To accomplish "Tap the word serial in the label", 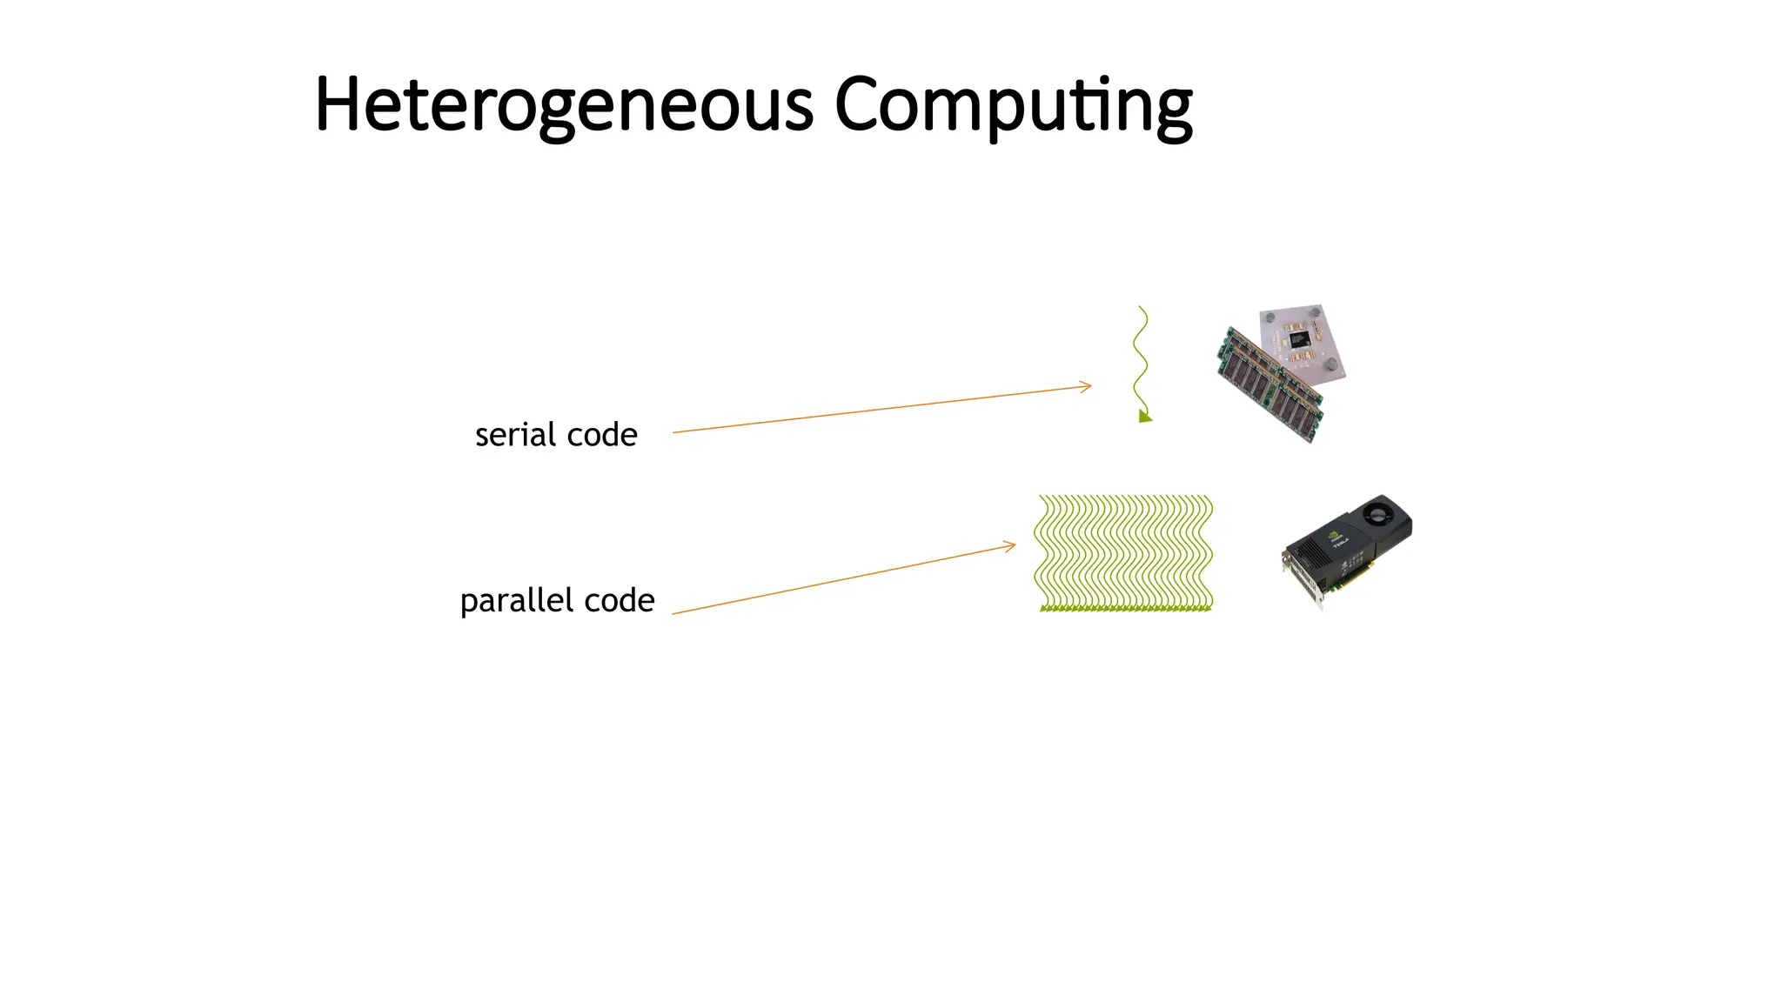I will [515, 434].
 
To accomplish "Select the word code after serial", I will [602, 434].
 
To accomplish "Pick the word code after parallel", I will [620, 600].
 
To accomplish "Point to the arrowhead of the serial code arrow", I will [1088, 386].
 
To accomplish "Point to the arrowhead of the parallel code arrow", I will [1012, 546].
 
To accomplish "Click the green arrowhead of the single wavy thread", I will [1145, 417].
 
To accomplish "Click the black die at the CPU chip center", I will [1298, 338].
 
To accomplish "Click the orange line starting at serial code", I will [870, 410].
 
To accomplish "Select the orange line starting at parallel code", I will [835, 582].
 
